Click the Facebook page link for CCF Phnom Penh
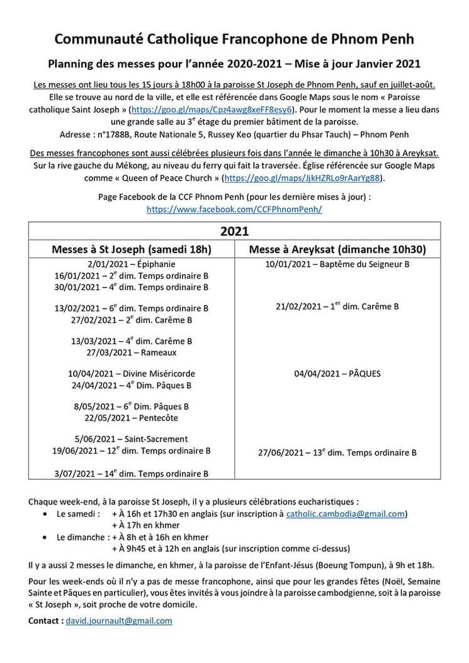click(234, 209)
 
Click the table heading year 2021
click(234, 231)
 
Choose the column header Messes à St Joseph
click(131, 249)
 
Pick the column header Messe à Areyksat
click(337, 249)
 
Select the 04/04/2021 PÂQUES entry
click(337, 374)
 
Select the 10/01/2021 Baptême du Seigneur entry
click(337, 264)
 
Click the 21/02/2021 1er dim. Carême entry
click(337, 307)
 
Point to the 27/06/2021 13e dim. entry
click(337, 452)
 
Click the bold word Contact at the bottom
click(45, 620)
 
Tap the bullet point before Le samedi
click(43, 515)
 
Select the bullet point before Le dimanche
click(43, 537)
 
